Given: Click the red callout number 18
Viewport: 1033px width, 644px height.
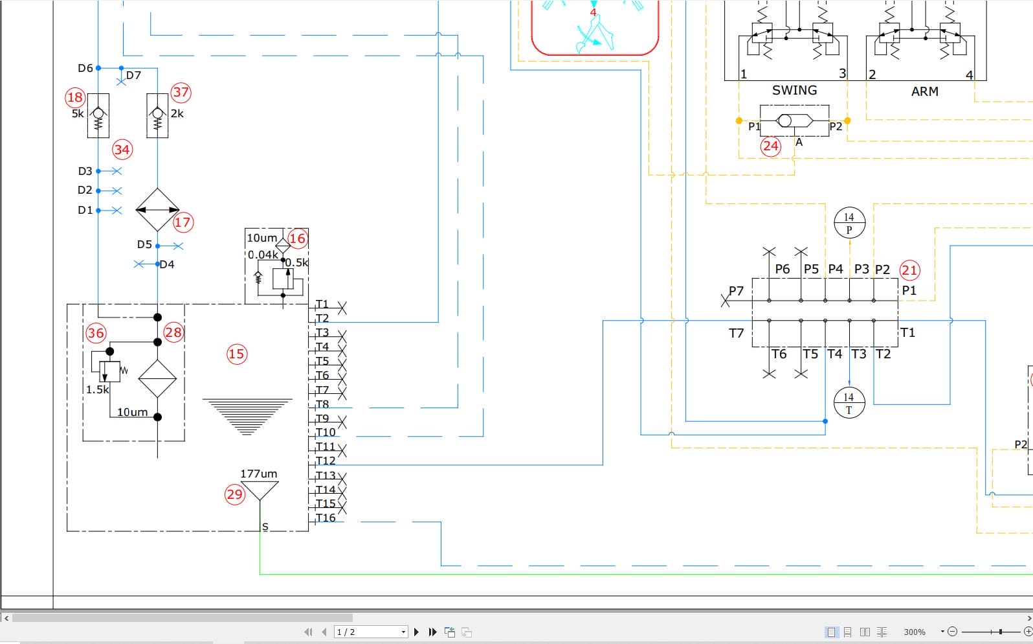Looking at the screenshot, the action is point(74,97).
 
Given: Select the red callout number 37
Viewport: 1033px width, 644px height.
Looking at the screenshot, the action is point(181,93).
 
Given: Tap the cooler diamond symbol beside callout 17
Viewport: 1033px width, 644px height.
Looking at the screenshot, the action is point(157,209).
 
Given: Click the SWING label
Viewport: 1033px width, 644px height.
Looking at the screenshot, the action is point(794,90).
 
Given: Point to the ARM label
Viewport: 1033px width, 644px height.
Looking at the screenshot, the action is point(924,91).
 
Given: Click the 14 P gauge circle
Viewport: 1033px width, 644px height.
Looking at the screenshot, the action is point(849,223).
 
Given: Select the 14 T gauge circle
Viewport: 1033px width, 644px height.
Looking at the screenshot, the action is point(849,403).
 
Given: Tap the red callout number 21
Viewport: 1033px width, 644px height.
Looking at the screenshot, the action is point(909,270).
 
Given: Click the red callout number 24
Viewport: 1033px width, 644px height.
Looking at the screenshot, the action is point(771,146).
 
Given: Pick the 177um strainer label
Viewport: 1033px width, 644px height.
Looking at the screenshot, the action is point(259,474).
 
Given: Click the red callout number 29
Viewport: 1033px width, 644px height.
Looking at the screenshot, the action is point(235,494).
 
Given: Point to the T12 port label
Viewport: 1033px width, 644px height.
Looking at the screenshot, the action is point(326,461).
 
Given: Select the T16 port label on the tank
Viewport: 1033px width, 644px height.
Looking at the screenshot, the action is point(326,518).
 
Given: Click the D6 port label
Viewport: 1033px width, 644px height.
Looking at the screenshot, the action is point(85,68).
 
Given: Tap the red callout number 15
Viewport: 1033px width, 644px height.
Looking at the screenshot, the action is point(237,354).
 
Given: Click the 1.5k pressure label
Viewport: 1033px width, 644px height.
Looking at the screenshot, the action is point(97,389).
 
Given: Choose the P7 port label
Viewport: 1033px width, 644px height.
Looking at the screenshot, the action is point(736,291).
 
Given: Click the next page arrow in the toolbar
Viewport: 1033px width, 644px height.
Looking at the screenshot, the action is point(416,632).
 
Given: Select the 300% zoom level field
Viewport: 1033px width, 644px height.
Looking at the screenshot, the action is point(915,632).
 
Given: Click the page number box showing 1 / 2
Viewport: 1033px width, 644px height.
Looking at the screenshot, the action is point(371,632).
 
